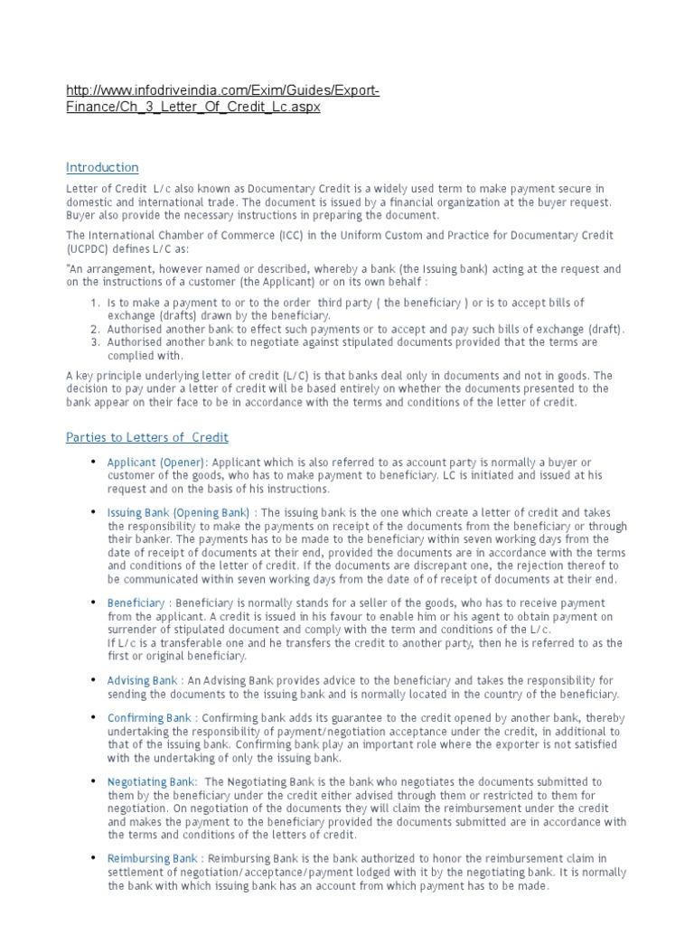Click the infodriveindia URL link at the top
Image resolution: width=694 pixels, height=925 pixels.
[221, 98]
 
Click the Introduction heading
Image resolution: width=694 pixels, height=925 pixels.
[102, 167]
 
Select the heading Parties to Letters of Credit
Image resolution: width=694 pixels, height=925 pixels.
[147, 437]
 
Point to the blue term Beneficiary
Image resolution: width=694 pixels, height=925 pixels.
[136, 603]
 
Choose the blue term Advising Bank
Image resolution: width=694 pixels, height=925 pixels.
[142, 680]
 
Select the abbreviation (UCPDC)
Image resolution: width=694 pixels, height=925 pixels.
[87, 248]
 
